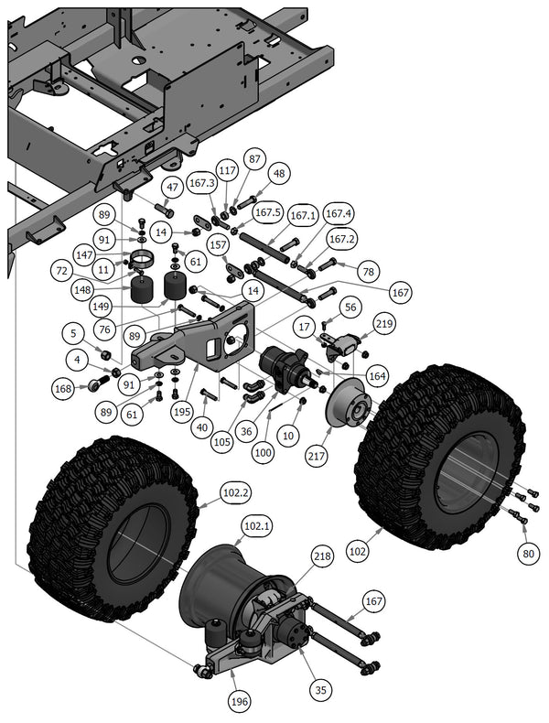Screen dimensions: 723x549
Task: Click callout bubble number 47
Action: [171, 187]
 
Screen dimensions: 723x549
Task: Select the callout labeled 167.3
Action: [201, 184]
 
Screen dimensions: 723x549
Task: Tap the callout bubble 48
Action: [278, 173]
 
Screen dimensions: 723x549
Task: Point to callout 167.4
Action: [339, 214]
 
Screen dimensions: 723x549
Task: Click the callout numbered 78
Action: [369, 272]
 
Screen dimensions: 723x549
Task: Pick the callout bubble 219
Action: [383, 323]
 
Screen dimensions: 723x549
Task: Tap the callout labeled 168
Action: [63, 388]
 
